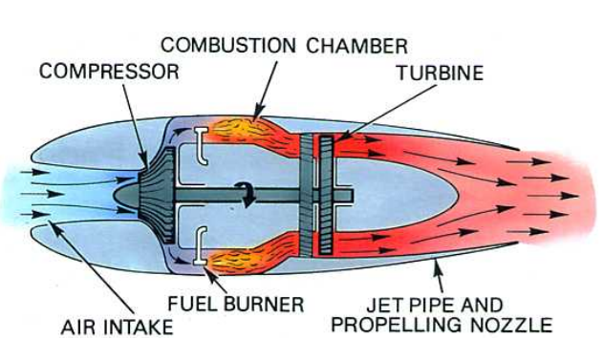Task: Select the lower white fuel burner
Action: [200, 244]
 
